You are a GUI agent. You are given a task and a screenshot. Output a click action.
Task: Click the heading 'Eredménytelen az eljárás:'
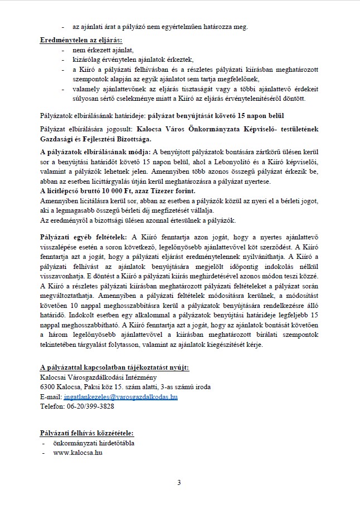pyautogui.click(x=81, y=41)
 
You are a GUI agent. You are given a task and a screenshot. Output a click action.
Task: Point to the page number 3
pyautogui.click(x=179, y=482)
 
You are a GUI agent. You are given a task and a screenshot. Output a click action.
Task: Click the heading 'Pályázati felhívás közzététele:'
pyautogui.click(x=87, y=433)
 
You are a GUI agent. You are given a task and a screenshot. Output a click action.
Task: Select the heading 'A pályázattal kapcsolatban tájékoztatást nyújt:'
pyautogui.click(x=114, y=368)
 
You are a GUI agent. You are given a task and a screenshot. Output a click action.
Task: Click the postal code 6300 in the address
pyautogui.click(x=47, y=388)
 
